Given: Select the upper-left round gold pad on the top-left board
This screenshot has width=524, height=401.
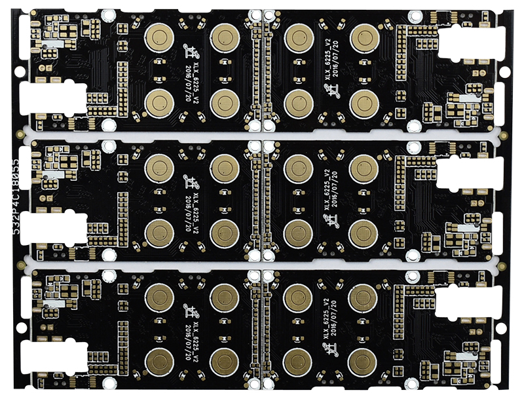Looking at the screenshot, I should (x=158, y=37).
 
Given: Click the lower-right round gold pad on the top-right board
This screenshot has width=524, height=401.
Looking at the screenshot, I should (x=362, y=104).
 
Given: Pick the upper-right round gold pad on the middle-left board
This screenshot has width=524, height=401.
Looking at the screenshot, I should (x=224, y=168).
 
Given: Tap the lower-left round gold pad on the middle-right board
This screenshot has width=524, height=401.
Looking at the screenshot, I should (x=298, y=233).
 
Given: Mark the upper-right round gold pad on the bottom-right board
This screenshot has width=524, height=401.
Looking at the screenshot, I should (x=362, y=298).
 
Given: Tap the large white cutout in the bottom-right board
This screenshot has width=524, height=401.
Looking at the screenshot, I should (x=462, y=303).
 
